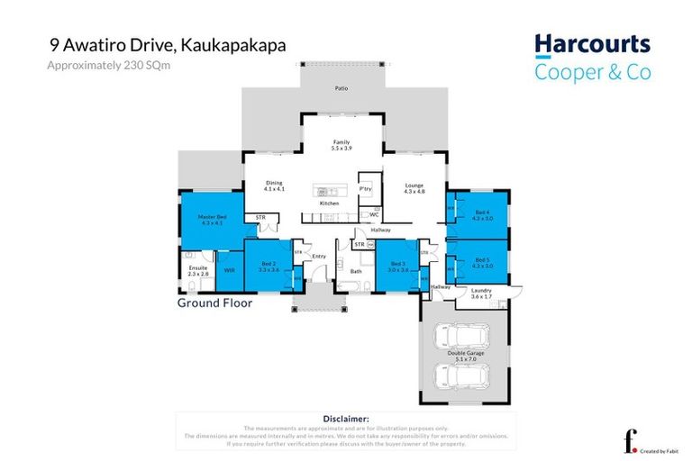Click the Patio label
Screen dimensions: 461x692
click(341, 89)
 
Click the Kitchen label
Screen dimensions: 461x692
click(329, 203)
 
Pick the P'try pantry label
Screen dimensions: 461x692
click(366, 190)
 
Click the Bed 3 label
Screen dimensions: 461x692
click(397, 266)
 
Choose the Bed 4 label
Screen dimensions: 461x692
click(483, 214)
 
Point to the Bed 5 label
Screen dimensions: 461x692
click(483, 263)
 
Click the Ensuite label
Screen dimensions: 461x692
click(198, 270)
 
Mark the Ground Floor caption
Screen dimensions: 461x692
click(214, 303)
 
